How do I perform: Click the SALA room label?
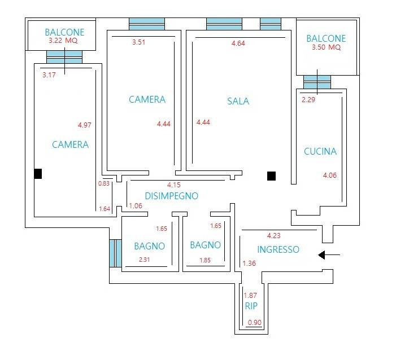click(238, 101)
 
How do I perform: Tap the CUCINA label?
click(320, 151)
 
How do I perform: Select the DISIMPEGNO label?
click(172, 196)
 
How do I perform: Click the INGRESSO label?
click(278, 249)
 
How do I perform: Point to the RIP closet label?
click(251, 306)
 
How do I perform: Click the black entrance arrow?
click(329, 255)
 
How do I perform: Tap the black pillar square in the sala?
click(271, 176)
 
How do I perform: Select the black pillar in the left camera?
click(38, 174)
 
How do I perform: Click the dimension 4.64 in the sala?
click(238, 43)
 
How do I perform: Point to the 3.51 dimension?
click(138, 42)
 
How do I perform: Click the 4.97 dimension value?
click(85, 125)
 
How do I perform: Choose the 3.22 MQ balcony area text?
click(63, 41)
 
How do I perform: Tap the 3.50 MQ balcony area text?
click(326, 47)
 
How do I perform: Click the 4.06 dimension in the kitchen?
click(330, 175)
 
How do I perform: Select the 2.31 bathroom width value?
click(145, 260)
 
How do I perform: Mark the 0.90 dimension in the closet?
click(255, 322)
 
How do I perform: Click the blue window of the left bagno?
click(115, 253)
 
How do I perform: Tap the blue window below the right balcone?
click(317, 82)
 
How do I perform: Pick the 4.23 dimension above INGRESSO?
click(274, 236)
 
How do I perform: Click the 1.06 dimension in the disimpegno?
click(136, 206)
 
